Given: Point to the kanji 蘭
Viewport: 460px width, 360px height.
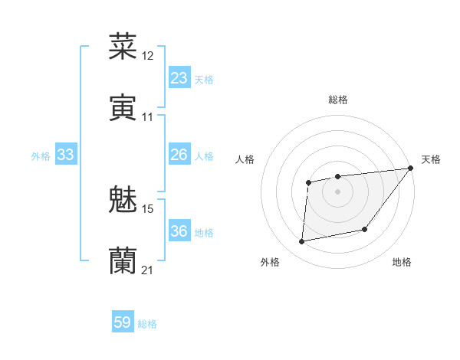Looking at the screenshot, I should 123,261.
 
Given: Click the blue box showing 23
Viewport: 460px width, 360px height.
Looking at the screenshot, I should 179,77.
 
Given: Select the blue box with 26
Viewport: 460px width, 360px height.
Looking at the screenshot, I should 179,154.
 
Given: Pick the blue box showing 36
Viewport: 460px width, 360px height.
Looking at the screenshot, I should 179,231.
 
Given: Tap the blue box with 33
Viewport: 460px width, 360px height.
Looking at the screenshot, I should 66,154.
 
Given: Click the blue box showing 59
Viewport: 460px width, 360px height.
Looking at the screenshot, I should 123,322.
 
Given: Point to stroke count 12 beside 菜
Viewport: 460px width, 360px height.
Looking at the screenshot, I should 148,55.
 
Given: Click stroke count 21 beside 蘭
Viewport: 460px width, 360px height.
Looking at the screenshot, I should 148,270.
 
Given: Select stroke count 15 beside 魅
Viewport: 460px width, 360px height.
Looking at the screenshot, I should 148,208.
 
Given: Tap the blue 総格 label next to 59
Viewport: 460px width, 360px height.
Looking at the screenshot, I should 147,324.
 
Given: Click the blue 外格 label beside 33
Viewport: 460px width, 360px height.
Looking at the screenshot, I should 41,155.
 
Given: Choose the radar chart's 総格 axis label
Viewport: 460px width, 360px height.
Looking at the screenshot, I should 338,100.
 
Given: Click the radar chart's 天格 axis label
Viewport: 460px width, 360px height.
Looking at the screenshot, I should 431,159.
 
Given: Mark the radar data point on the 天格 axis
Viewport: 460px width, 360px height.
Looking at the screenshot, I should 410,169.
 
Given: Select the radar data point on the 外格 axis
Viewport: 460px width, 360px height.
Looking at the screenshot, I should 302,241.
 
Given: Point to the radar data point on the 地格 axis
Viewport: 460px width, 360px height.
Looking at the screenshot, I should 366,229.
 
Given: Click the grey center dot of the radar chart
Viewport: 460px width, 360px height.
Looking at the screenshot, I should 337,191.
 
